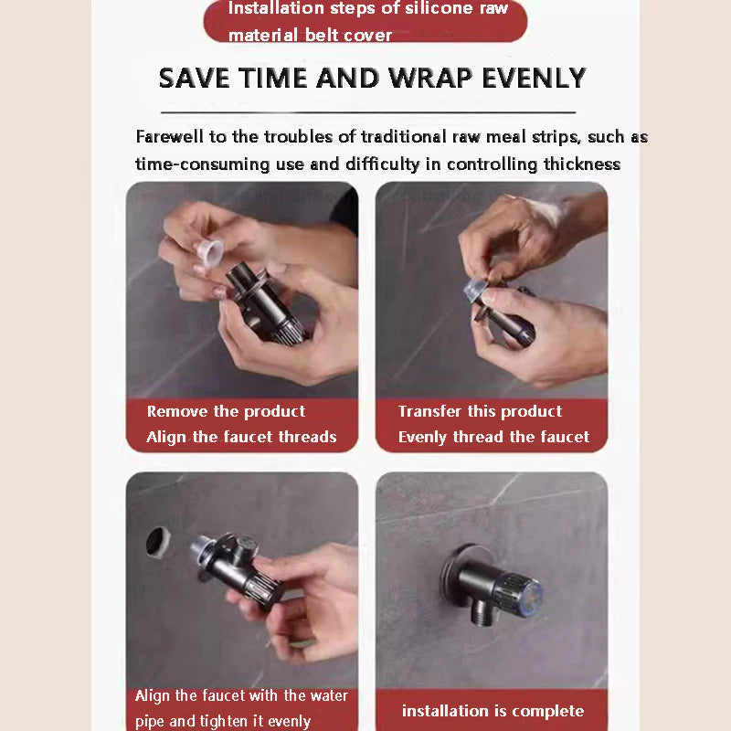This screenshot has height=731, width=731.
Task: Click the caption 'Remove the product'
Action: (x=226, y=411)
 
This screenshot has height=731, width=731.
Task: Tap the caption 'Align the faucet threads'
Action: (x=241, y=437)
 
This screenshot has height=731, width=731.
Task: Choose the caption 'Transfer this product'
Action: (x=480, y=411)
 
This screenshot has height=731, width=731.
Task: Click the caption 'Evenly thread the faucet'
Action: (x=493, y=437)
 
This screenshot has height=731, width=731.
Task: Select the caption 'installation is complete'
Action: (x=493, y=711)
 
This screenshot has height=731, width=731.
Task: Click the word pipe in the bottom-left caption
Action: (x=150, y=721)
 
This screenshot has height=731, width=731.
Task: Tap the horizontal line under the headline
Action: (x=367, y=112)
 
